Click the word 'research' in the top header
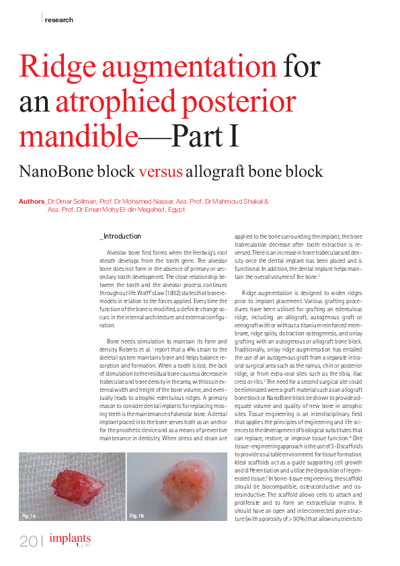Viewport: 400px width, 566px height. [58, 19]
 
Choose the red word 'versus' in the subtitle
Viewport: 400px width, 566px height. [161, 171]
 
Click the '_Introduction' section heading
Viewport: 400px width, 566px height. [120, 237]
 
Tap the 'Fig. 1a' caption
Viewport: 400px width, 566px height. [28, 516]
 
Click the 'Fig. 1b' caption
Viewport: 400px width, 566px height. [136, 516]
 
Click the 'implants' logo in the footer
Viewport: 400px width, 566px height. [70, 539]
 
